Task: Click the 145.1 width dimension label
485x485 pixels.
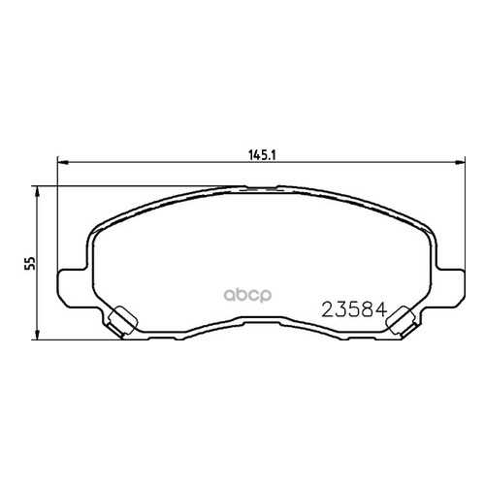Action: pos(262,155)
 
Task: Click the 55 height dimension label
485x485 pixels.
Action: pos(31,263)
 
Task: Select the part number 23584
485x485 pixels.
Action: pos(354,309)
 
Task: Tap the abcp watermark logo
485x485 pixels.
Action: pos(248,295)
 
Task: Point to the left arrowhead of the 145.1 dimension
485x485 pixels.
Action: pos(62,163)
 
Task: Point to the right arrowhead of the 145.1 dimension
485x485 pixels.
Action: pos(460,163)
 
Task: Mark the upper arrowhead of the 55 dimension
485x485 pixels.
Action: pos(38,191)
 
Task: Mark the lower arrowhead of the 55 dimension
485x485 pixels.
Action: pos(38,335)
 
